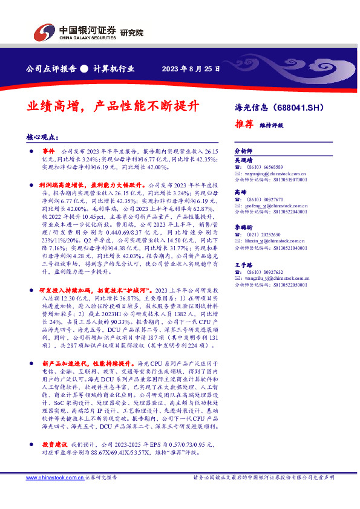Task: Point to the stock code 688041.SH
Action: point(303,109)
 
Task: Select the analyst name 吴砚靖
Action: point(243,160)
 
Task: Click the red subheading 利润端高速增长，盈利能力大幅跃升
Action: point(91,184)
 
